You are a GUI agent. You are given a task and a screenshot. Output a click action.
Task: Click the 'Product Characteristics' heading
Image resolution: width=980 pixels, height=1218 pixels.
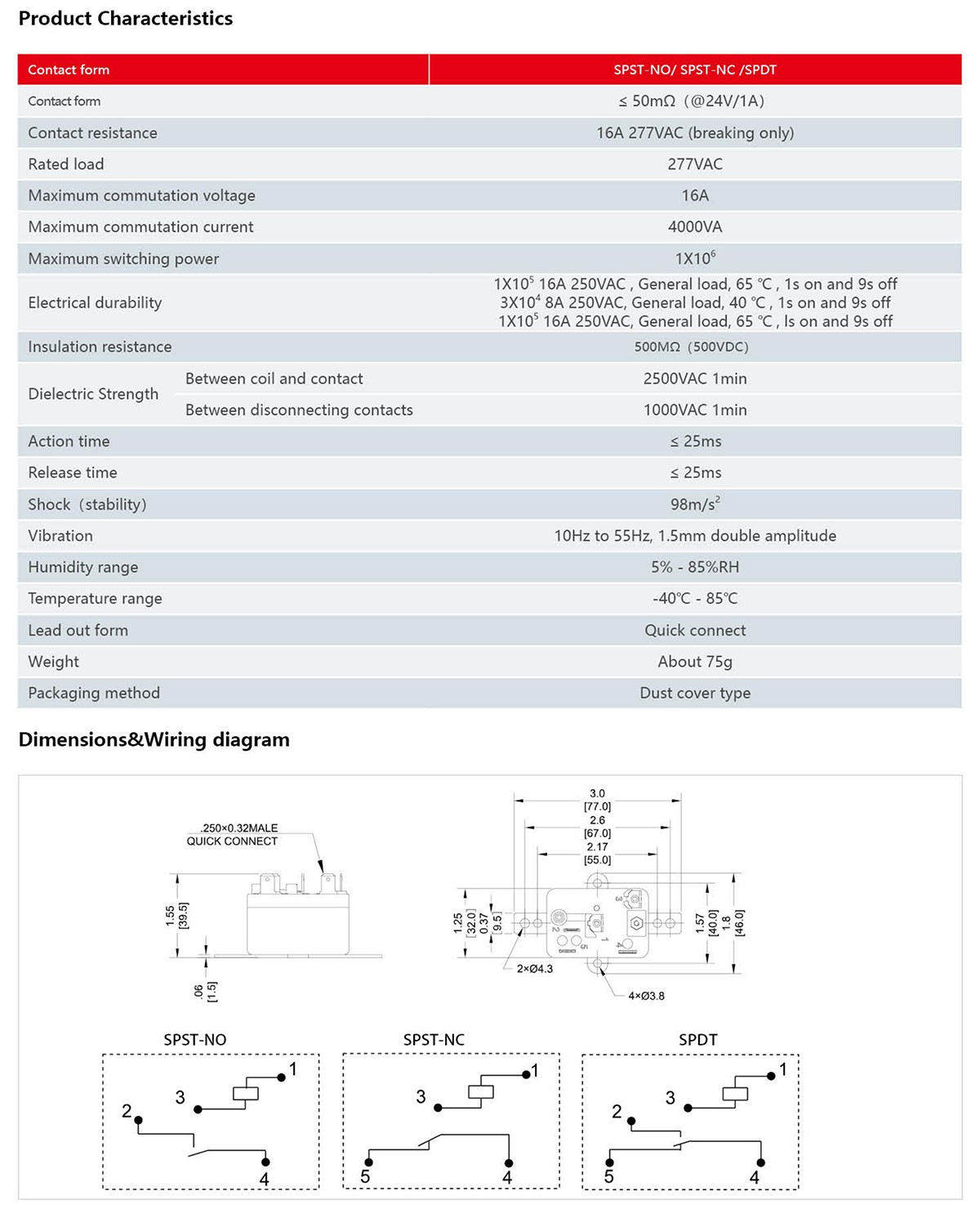click(x=125, y=19)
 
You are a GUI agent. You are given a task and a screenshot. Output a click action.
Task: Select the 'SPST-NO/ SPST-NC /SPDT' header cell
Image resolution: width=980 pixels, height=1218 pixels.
click(x=694, y=69)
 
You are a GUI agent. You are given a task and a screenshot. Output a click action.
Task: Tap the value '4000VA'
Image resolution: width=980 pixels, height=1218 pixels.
click(x=694, y=227)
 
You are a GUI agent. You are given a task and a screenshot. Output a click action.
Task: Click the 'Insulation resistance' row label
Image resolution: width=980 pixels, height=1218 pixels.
click(x=100, y=346)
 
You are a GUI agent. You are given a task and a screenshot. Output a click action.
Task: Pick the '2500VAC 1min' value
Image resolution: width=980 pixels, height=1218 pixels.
click(x=694, y=378)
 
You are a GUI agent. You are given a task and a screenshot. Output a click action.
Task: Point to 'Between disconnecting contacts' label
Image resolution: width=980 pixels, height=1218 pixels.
click(x=299, y=410)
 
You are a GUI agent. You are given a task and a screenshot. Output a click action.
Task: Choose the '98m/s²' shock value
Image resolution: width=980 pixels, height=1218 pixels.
click(x=694, y=504)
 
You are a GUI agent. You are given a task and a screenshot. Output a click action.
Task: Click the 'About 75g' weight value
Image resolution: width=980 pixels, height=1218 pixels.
click(x=694, y=662)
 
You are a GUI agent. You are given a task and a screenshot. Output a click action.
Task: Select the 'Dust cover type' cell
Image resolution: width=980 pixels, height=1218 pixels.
click(x=694, y=693)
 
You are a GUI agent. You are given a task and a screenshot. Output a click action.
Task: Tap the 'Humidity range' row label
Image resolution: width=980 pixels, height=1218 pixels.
click(x=82, y=567)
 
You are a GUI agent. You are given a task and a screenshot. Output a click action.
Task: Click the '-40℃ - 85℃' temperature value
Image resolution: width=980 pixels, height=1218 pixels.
click(x=694, y=599)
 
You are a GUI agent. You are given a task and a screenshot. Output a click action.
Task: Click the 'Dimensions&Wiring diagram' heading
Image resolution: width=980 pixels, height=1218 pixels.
click(x=154, y=740)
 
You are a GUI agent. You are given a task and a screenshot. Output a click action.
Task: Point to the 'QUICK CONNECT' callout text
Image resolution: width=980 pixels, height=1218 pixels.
click(x=232, y=841)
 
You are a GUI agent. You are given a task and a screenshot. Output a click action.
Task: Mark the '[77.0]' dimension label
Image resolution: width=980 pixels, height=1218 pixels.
click(x=597, y=806)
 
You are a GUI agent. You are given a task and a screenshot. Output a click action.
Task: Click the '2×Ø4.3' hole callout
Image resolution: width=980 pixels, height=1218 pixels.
click(x=534, y=969)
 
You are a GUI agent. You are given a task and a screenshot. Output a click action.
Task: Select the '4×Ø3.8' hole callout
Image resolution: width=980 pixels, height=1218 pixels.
click(x=646, y=996)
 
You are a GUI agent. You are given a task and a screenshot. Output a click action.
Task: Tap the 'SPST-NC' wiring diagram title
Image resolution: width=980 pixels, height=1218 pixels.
click(x=434, y=1040)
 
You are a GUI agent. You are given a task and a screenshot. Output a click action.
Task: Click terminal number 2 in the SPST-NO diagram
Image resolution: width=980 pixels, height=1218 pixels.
click(x=127, y=1111)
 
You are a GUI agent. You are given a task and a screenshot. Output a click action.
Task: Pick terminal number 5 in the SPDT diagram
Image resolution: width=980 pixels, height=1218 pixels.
click(x=608, y=1176)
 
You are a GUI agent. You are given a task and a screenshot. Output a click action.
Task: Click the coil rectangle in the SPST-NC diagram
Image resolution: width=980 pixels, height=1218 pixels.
click(x=480, y=1092)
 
